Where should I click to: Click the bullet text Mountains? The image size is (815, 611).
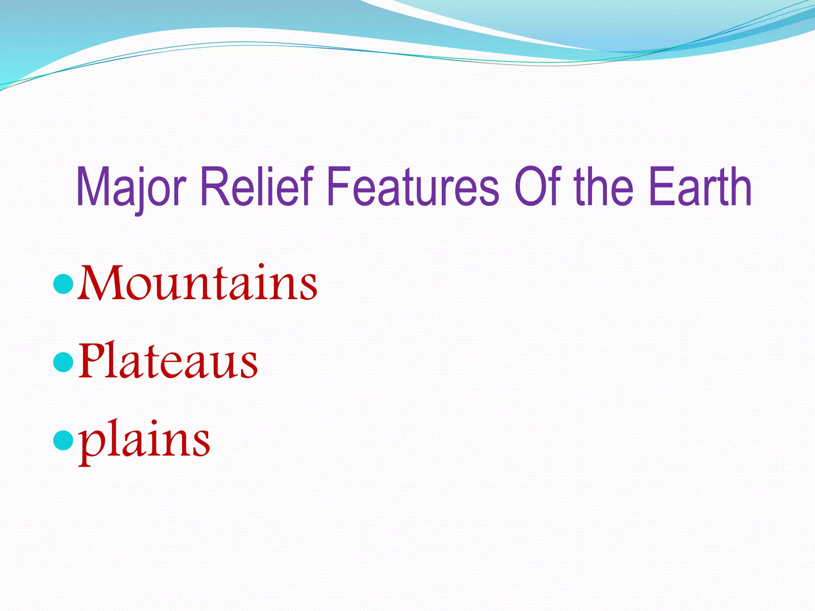point(198,283)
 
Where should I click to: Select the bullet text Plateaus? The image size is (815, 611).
point(168,361)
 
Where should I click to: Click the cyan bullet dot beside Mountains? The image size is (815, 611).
point(62,284)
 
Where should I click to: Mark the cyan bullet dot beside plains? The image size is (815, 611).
point(62,440)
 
